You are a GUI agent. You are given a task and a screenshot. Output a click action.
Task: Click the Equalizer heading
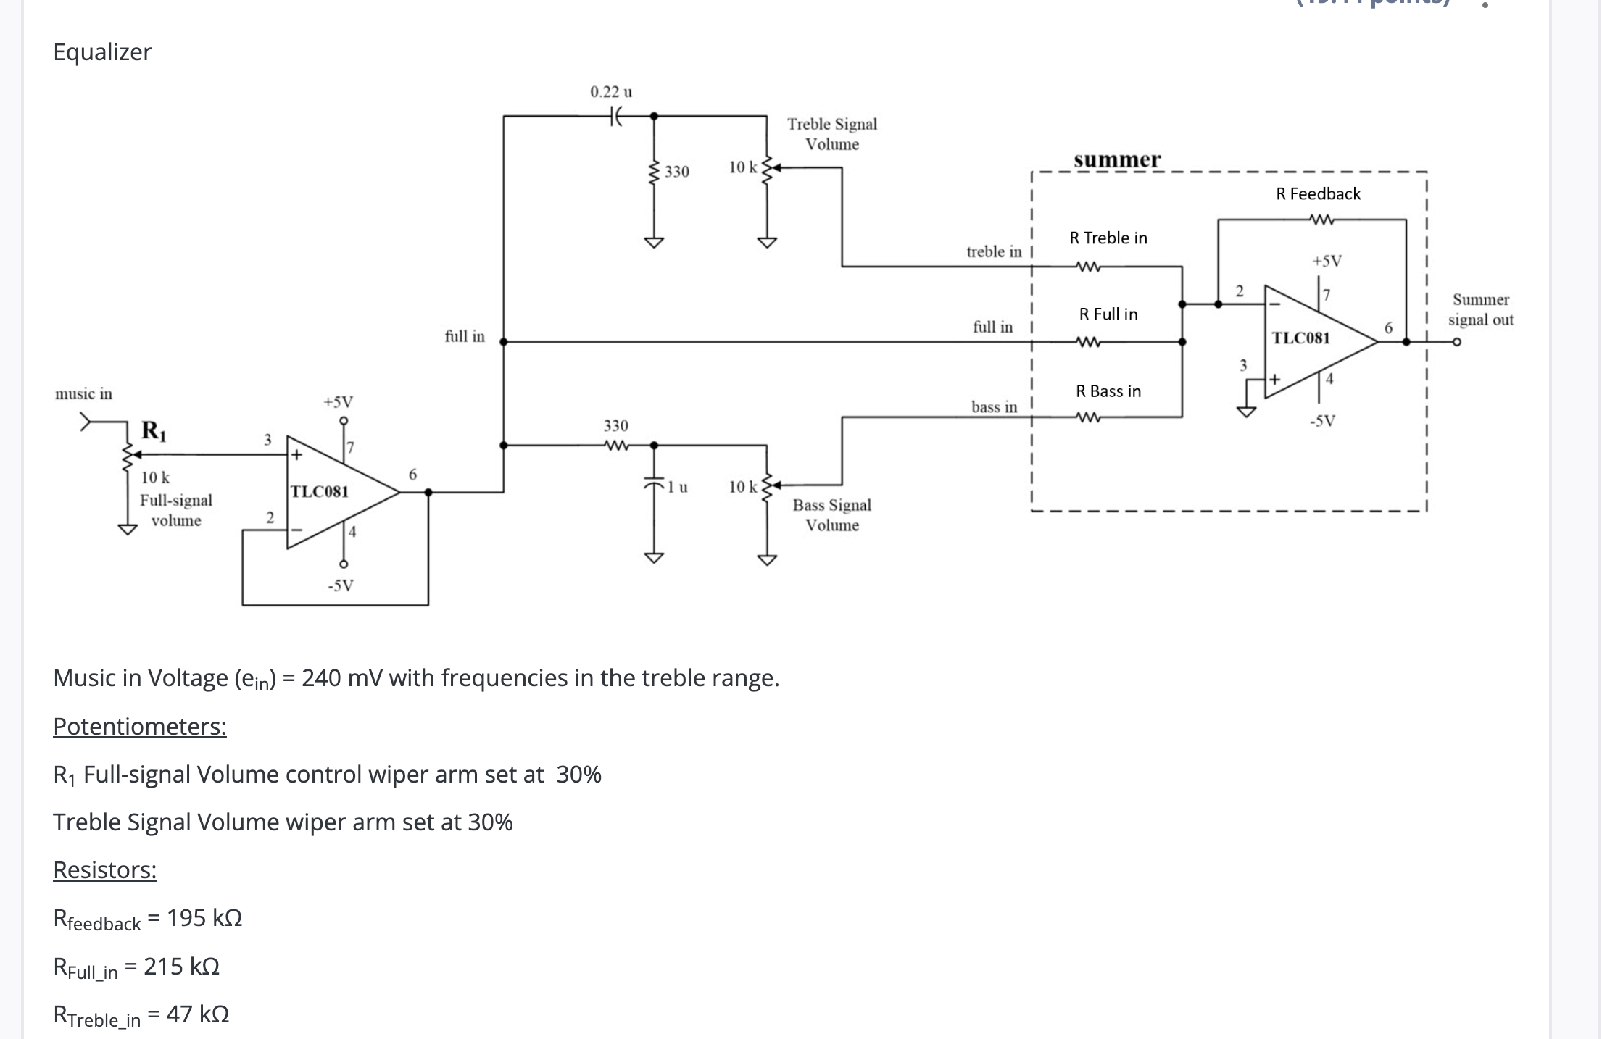(x=102, y=52)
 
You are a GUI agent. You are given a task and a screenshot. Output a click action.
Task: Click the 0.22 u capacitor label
(x=610, y=92)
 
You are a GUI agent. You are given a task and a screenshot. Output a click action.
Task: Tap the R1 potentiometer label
(x=154, y=430)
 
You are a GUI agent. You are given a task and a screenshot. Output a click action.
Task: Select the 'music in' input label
(x=83, y=393)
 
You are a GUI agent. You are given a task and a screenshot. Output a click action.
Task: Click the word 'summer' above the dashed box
(x=1117, y=159)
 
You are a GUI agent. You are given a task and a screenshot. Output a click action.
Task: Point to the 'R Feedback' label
(x=1318, y=193)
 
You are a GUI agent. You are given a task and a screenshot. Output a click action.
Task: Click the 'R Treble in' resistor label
(x=1108, y=238)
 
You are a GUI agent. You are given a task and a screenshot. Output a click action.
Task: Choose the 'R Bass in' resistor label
(x=1108, y=391)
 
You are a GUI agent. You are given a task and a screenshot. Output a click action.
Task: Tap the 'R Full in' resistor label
(x=1108, y=314)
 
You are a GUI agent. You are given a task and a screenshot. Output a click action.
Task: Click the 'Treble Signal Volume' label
(x=832, y=134)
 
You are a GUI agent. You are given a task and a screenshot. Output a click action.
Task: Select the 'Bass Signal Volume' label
(x=832, y=514)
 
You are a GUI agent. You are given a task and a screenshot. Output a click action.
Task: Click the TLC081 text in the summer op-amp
(x=1300, y=338)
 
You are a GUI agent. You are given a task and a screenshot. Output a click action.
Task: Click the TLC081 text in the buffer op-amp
(x=320, y=491)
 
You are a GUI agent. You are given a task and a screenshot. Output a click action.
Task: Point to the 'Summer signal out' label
(x=1480, y=309)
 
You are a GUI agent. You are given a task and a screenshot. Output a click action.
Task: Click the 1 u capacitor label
(x=678, y=487)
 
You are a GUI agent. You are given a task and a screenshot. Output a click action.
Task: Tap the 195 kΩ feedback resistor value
(x=204, y=918)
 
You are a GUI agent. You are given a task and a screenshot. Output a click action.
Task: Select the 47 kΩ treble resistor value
(x=197, y=1014)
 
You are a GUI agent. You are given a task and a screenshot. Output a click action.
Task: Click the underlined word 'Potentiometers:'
(x=140, y=726)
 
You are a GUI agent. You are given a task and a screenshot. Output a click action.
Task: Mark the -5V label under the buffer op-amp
(x=340, y=585)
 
